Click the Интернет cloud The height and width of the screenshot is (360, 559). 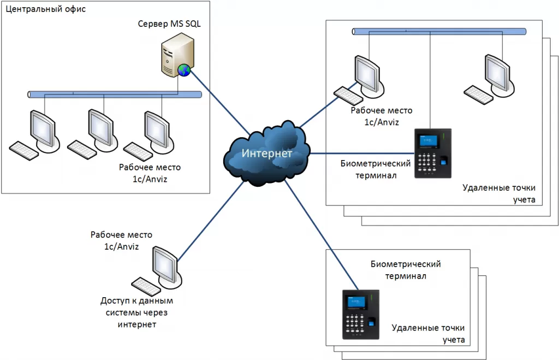[x=267, y=154]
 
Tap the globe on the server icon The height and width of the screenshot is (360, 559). [x=184, y=69]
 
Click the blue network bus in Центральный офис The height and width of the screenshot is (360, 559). [x=115, y=95]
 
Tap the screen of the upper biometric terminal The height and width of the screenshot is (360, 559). [x=427, y=140]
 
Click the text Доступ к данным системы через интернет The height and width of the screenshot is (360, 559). [x=136, y=312]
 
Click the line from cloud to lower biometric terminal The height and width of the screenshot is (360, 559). [x=322, y=235]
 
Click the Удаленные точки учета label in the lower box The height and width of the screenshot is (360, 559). [x=428, y=334]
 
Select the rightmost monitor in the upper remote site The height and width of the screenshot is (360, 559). [x=496, y=71]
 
